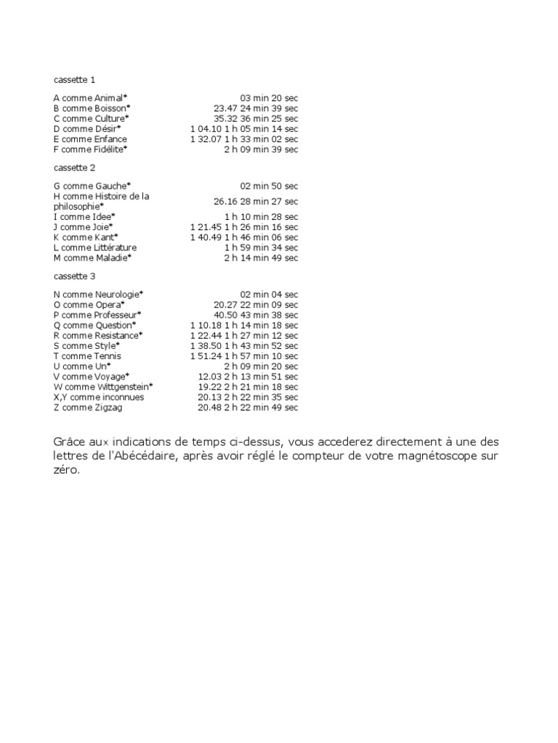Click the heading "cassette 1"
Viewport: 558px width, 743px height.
(x=75, y=79)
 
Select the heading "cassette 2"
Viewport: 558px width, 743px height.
(x=75, y=168)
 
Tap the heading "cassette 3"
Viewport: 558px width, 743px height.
(x=75, y=276)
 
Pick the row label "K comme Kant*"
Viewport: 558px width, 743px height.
(x=86, y=237)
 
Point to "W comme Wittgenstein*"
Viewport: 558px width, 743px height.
(x=103, y=387)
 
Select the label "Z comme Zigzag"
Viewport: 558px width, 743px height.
(x=89, y=408)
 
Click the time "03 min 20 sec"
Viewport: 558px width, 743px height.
(x=269, y=98)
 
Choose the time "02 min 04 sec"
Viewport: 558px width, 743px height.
(x=269, y=295)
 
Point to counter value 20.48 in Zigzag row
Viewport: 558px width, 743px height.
(x=209, y=408)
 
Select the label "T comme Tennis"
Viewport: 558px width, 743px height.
(x=88, y=356)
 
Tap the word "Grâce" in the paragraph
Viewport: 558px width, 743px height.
(x=70, y=442)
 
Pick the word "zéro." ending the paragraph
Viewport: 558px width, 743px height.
(x=69, y=469)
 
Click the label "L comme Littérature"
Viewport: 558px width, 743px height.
(x=95, y=247)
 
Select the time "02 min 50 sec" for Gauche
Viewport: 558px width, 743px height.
(x=269, y=186)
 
